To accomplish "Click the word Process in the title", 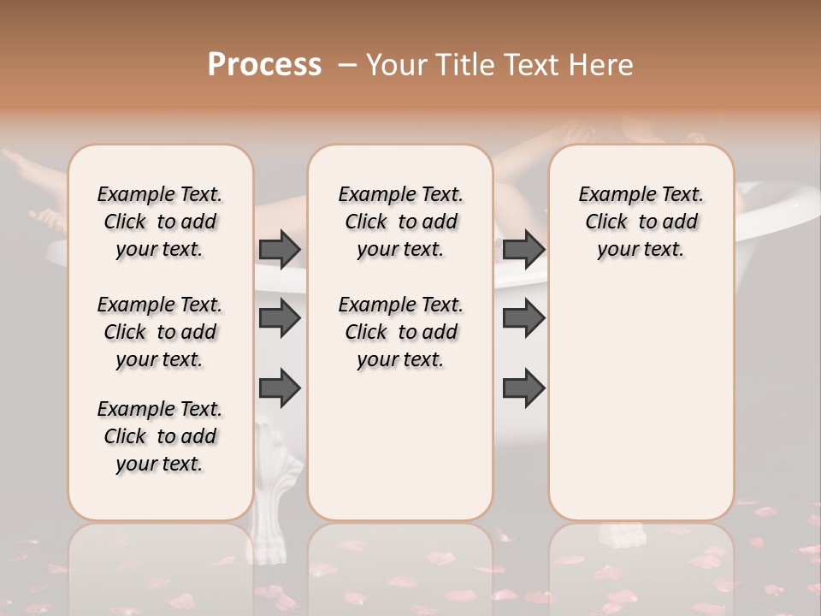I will [264, 64].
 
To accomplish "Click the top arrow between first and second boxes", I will [280, 249].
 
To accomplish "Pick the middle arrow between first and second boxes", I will [280, 318].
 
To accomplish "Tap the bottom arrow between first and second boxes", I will [280, 388].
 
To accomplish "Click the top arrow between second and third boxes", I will [523, 249].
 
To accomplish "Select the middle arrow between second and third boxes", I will [523, 318].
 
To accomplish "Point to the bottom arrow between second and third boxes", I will [523, 388].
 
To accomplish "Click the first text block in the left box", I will [160, 222].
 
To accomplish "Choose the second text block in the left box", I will [160, 332].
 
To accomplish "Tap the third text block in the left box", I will [160, 436].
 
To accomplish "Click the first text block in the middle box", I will [400, 222].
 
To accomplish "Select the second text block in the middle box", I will [400, 332].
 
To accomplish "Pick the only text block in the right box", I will [641, 222].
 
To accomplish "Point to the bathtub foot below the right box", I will [623, 535].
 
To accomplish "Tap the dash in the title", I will [347, 64].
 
